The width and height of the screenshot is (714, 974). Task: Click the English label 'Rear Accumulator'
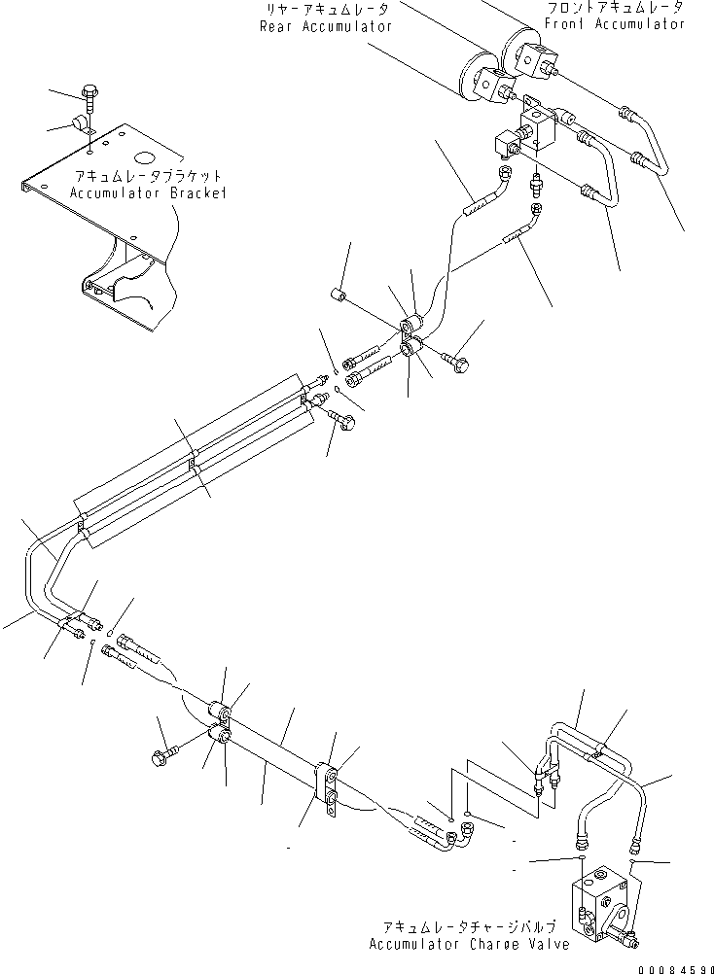pyautogui.click(x=326, y=26)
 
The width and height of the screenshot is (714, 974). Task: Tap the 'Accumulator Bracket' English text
pyautogui.click(x=148, y=193)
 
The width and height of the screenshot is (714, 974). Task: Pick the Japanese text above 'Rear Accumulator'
pyautogui.click(x=326, y=10)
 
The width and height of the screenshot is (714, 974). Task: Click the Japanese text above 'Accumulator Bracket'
pyautogui.click(x=148, y=177)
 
